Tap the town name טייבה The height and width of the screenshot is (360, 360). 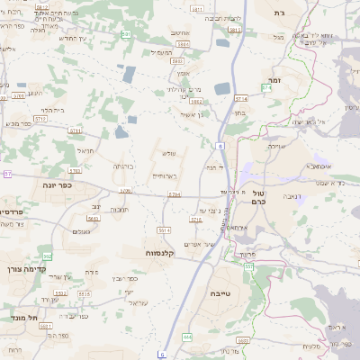pyautogui.click(x=220, y=293)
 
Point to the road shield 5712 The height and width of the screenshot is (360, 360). pyautogui.click(x=40, y=119)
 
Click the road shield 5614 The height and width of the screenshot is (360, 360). pyautogui.click(x=164, y=230)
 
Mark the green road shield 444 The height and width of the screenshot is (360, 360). pyautogui.click(x=187, y=337)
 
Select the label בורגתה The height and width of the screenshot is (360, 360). pyautogui.click(x=124, y=166)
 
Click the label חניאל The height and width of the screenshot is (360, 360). pyautogui.click(x=86, y=151)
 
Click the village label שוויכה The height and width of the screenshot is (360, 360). pyautogui.click(x=276, y=145)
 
